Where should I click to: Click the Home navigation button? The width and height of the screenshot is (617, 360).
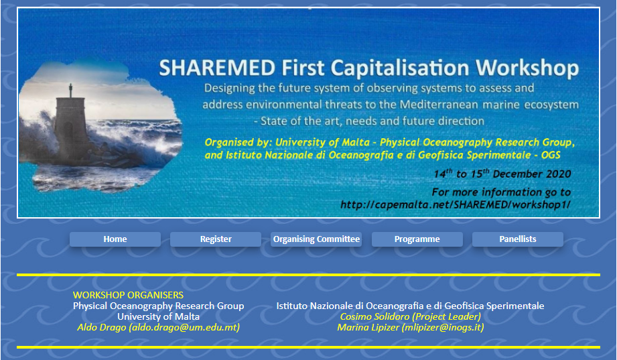click(115, 239)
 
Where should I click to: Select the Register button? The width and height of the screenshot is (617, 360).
click(216, 239)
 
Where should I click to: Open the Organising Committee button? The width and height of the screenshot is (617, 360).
click(316, 239)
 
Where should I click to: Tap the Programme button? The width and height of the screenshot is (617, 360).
click(417, 239)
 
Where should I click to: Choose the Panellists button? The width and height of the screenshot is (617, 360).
click(518, 239)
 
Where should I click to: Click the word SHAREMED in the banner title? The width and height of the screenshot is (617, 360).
click(217, 68)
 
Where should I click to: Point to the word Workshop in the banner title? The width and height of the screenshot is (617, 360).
click(527, 68)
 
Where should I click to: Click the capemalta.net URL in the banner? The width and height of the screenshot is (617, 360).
click(456, 205)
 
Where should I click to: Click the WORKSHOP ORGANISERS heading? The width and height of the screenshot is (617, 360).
click(128, 295)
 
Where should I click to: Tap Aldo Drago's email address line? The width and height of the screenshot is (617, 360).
click(159, 327)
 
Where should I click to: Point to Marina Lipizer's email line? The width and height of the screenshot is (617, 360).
click(411, 327)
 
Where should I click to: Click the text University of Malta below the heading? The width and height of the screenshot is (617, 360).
click(159, 316)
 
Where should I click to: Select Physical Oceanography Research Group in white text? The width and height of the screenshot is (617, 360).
click(159, 306)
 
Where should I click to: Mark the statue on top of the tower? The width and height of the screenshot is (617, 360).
click(71, 91)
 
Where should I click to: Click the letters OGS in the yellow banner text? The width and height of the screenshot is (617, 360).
click(551, 155)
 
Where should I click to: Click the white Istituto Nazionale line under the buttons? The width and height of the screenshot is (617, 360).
click(411, 306)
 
